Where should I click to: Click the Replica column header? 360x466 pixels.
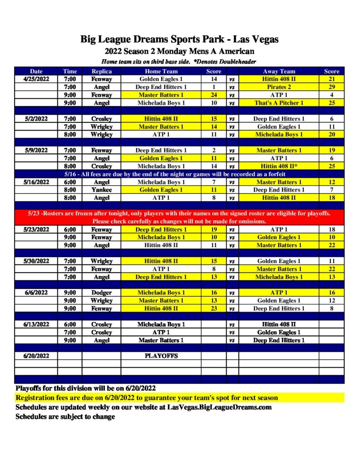(101, 71)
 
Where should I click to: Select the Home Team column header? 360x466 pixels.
(161, 71)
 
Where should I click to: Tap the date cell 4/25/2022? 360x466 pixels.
(36, 79)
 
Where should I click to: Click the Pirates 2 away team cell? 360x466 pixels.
(279, 87)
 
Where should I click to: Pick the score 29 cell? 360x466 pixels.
(331, 87)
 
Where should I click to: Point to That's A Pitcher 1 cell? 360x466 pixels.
(279, 103)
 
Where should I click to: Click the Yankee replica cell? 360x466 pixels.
(101, 190)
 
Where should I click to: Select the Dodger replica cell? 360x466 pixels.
(101, 293)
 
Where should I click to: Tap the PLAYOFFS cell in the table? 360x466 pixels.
(161, 356)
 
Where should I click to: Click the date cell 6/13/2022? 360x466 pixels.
(36, 324)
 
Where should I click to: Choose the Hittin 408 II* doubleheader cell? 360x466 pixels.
(279, 166)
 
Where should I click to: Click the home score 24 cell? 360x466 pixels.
(213, 95)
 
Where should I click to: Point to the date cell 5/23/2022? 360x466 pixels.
(36, 229)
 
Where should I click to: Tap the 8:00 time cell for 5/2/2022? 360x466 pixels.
(70, 135)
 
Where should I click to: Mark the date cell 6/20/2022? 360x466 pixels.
(36, 356)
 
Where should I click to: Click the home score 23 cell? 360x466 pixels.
(213, 309)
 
